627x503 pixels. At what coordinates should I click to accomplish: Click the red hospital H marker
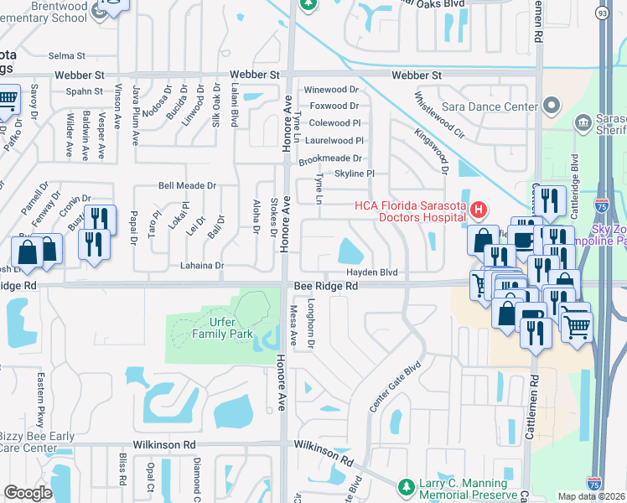pyautogui.click(x=479, y=209)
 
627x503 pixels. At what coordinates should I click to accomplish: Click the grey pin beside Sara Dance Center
pyautogui.click(x=552, y=106)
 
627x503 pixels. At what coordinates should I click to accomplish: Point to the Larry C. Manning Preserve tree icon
pyautogui.click(x=407, y=486)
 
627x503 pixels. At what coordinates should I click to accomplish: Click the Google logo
pyautogui.click(x=28, y=493)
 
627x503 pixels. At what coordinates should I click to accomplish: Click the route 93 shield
pyautogui.click(x=603, y=13)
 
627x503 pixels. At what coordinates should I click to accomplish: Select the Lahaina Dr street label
pyautogui.click(x=202, y=266)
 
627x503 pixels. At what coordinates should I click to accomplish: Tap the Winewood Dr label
pyautogui.click(x=331, y=90)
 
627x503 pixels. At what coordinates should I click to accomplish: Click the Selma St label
pyautogui.click(x=67, y=56)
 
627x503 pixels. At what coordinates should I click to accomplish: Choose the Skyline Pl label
pyautogui.click(x=354, y=174)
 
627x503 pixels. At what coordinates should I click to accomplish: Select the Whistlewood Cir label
pyautogui.click(x=436, y=116)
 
